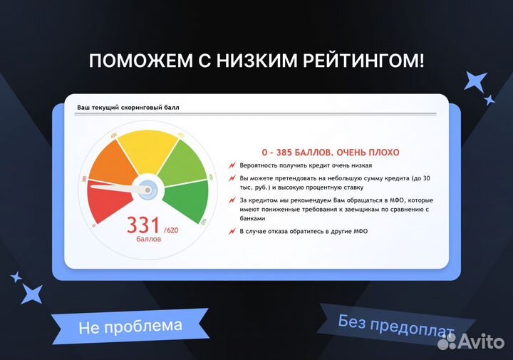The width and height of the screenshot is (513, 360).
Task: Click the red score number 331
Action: pyautogui.click(x=143, y=225)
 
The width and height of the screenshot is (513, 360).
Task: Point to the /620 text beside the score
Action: pyautogui.click(x=172, y=230)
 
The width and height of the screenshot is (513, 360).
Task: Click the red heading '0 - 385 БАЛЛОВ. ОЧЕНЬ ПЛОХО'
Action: pyautogui.click(x=331, y=153)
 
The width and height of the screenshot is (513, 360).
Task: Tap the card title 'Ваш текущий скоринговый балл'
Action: pyautogui.click(x=128, y=108)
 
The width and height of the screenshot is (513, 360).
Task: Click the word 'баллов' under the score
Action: pyautogui.click(x=149, y=240)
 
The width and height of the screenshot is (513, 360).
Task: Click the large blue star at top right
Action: pyautogui.click(x=475, y=81)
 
